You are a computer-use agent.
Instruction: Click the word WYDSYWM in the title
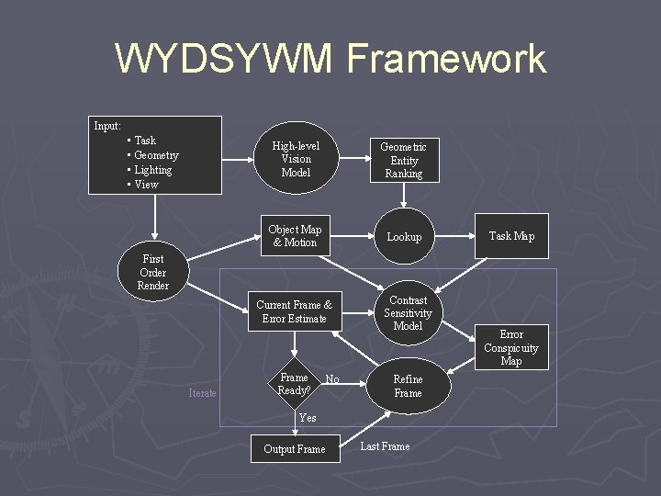coord(225,60)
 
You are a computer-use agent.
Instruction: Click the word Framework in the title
coord(447,60)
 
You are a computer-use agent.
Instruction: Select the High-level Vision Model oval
coord(296,159)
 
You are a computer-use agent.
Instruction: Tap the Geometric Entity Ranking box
coord(403,160)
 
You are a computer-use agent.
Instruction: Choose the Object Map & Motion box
coord(295,236)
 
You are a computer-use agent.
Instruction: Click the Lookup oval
coord(404,237)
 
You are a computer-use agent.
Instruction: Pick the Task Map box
coord(511,236)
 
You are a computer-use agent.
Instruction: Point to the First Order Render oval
coord(152,272)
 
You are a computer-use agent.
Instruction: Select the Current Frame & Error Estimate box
coord(294,311)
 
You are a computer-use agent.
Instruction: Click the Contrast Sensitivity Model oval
coord(408,313)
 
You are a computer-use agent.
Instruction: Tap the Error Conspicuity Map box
coord(511,348)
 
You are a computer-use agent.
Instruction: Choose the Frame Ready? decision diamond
coord(294,385)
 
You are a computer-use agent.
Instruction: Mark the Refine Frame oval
coord(408,386)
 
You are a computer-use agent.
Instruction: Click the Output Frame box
coord(294,448)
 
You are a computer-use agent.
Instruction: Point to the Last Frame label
coord(385,446)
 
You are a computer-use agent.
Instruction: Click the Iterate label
coord(202,393)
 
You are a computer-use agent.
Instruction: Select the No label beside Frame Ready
coord(332,379)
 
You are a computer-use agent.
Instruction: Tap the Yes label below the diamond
coord(308,418)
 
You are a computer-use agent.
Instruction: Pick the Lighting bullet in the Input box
coord(152,170)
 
